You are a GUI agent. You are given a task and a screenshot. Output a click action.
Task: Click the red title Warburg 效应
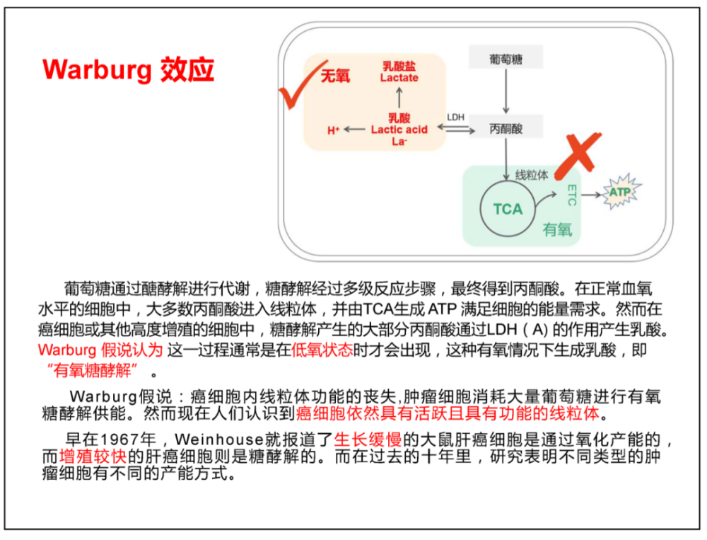point(129,70)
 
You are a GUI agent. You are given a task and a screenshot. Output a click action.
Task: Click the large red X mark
point(578,155)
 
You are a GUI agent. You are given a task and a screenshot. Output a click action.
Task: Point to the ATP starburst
point(621,192)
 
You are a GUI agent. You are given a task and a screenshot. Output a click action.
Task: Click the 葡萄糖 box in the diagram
point(506,58)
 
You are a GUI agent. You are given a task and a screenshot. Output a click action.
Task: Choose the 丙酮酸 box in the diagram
point(506,128)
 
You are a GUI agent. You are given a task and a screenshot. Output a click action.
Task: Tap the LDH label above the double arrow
point(456,117)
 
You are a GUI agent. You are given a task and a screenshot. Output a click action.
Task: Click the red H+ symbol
point(333,130)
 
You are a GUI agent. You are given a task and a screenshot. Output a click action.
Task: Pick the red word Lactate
point(399,78)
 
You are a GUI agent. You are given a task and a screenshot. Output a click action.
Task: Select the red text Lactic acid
point(399,130)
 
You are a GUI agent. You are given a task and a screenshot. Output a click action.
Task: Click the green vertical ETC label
point(572,195)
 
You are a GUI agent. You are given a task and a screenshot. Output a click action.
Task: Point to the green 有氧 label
point(557,229)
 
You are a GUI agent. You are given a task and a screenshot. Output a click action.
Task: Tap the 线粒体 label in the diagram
point(532,174)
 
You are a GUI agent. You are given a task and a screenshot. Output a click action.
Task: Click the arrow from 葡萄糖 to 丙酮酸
point(506,91)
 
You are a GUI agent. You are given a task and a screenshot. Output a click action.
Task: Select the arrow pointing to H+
point(354,130)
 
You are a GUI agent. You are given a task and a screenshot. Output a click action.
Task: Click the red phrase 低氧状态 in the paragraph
point(322,350)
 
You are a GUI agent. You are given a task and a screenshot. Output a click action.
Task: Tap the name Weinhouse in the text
point(219,439)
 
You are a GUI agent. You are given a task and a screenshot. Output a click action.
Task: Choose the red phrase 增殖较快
point(93,456)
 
